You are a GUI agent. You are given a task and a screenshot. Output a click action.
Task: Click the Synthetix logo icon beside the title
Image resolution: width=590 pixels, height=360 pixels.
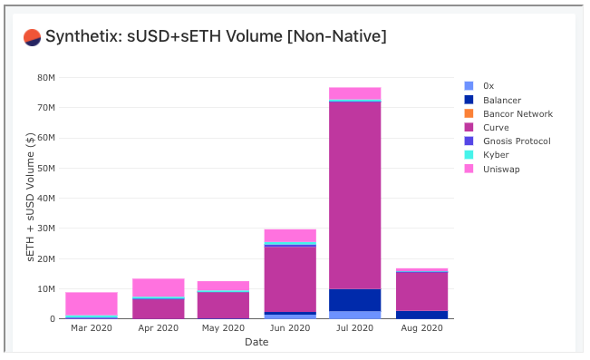33,37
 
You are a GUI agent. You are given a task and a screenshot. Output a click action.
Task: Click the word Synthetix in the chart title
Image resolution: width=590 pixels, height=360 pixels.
77,37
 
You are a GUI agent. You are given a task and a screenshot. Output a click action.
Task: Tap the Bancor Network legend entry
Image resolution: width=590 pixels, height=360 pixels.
517,113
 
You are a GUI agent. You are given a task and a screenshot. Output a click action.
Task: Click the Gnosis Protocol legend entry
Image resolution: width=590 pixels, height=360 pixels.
517,141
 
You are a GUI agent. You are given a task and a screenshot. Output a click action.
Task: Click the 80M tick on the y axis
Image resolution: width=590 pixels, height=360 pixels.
47,77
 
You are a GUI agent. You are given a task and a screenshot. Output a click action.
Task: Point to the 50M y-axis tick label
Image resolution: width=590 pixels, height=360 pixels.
47,168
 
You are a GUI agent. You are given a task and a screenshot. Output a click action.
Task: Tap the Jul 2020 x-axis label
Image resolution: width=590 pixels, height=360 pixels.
353,328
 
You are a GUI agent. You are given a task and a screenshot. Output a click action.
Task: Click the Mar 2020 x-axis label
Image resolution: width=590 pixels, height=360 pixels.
92,328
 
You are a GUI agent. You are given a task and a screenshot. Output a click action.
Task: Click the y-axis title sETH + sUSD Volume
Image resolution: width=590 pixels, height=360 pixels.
30,198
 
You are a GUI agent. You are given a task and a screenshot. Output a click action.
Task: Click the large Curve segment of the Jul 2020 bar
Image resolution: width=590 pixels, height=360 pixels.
353,195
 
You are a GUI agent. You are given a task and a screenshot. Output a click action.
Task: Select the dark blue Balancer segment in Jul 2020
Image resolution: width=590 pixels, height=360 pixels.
353,300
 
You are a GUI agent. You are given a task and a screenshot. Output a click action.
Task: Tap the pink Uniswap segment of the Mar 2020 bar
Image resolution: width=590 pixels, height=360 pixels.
92,303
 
